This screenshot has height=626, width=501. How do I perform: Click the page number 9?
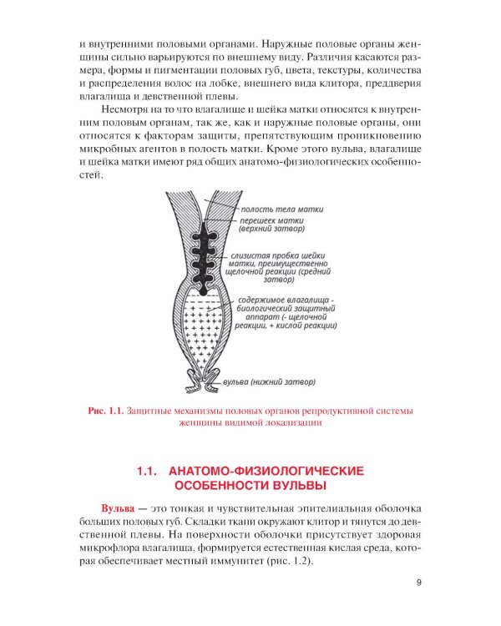coord(418,583)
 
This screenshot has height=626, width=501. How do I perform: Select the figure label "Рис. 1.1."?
coord(105,411)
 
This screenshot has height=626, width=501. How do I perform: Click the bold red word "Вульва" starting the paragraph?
coord(119,509)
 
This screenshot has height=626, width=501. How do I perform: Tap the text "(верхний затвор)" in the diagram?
coord(271,230)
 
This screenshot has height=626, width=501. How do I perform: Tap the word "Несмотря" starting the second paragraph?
coord(128,109)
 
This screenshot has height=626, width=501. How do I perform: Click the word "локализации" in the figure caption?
coord(292,423)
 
